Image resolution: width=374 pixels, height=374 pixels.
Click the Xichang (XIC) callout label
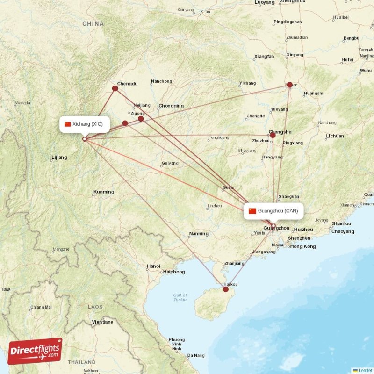pyautogui.click(x=85, y=124)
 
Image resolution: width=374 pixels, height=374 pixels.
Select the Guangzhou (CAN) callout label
pyautogui.click(x=273, y=211)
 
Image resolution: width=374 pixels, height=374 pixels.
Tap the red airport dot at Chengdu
pyautogui.click(x=115, y=88)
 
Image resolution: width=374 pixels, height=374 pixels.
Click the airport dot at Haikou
pyautogui.click(x=226, y=289)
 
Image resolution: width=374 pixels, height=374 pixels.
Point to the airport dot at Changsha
pyautogui.click(x=273, y=135)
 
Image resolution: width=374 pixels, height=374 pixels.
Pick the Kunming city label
pyautogui.click(x=104, y=192)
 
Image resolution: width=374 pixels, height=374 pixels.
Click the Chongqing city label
pyautogui.click(x=171, y=106)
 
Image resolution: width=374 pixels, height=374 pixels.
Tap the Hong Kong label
pyautogui.click(x=303, y=246)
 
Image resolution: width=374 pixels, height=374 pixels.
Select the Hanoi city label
pyautogui.click(x=153, y=266)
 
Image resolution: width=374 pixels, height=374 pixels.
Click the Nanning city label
pyautogui.click(x=199, y=234)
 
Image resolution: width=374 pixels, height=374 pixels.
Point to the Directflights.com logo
pyautogui.click(x=35, y=351)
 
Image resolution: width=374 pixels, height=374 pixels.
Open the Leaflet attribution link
pyautogui.click(x=365, y=370)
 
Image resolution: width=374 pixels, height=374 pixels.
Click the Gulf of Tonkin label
pyautogui.click(x=180, y=297)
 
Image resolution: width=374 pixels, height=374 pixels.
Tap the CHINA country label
pyautogui.click(x=93, y=23)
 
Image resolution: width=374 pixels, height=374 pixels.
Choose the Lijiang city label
pyautogui.click(x=60, y=158)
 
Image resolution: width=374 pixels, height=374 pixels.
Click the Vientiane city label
pyautogui.click(x=102, y=322)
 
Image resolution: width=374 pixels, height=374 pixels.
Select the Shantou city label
pyautogui.click(x=341, y=223)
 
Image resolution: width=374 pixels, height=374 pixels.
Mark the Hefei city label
pyautogui.click(x=347, y=60)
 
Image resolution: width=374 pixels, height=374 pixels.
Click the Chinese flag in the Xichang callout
pyautogui.click(x=68, y=124)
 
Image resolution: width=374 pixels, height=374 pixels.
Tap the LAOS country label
pyautogui.click(x=95, y=307)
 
